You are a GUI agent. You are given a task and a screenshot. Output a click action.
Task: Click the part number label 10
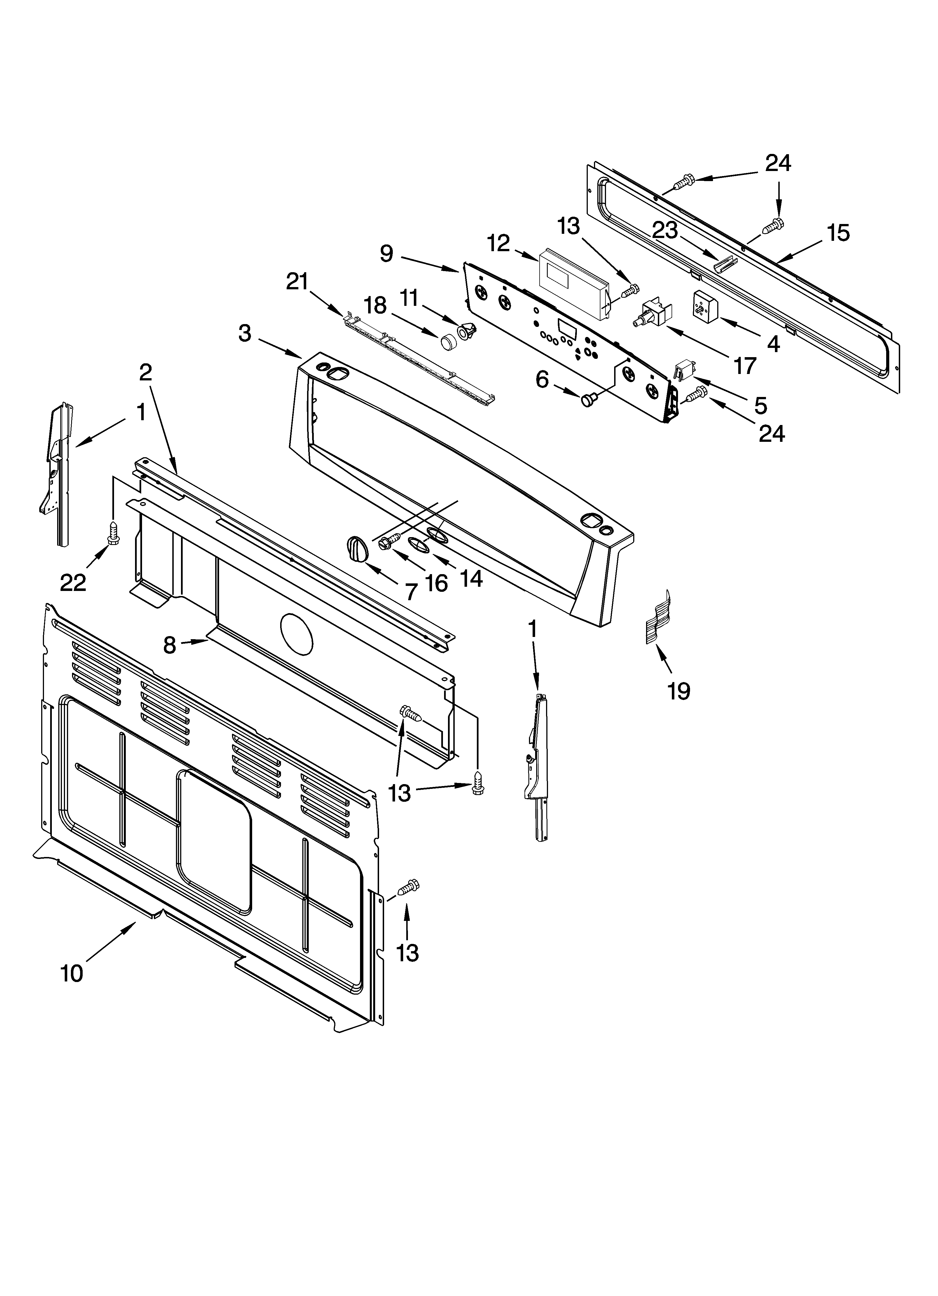tap(72, 972)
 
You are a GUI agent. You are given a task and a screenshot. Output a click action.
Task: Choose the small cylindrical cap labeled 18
tap(449, 342)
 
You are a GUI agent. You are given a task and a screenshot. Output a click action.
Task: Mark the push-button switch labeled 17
tap(654, 315)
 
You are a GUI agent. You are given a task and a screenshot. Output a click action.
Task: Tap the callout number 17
tap(744, 365)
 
